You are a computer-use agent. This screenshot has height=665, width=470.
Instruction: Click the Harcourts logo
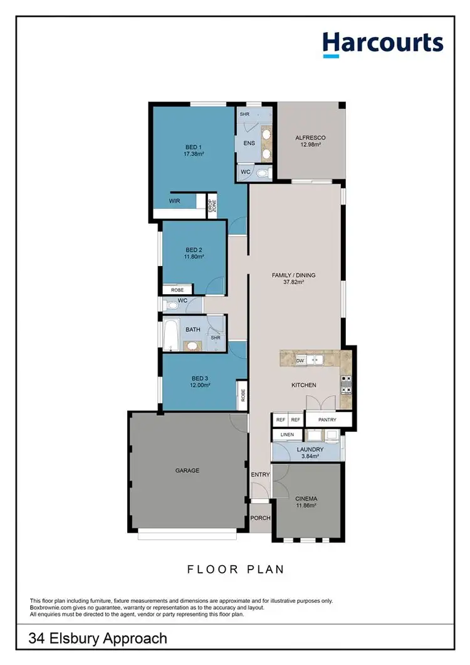click(x=383, y=43)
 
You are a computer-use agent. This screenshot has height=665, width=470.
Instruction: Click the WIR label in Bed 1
click(x=175, y=201)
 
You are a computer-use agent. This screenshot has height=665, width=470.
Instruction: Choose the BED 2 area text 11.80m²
click(x=194, y=257)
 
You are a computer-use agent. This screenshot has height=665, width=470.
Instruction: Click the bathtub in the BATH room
click(x=170, y=334)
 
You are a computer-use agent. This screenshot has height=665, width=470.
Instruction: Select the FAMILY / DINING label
click(x=293, y=275)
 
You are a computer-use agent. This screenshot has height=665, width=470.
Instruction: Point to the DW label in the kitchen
click(x=300, y=360)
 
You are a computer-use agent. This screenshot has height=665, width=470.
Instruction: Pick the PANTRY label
click(x=327, y=420)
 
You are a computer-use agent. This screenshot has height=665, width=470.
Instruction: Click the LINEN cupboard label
click(x=287, y=434)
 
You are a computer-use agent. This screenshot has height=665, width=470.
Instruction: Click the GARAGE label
click(x=187, y=470)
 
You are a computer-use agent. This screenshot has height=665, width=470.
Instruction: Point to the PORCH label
click(x=260, y=518)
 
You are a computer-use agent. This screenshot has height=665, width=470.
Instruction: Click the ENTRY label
click(x=260, y=475)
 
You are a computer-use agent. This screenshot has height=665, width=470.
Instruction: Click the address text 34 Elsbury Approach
click(x=98, y=639)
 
